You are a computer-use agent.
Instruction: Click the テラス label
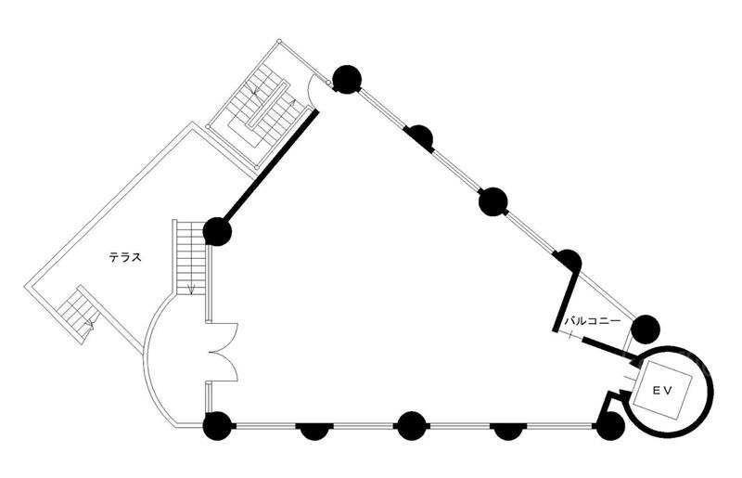(125, 257)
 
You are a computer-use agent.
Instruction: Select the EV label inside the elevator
(660, 391)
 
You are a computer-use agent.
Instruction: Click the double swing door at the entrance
(224, 352)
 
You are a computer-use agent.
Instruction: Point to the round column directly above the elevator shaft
(646, 329)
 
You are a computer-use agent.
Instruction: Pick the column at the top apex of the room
(346, 80)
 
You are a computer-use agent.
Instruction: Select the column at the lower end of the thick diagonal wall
(217, 231)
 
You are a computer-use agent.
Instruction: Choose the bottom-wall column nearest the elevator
(609, 426)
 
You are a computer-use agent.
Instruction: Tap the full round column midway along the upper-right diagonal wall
(493, 201)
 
